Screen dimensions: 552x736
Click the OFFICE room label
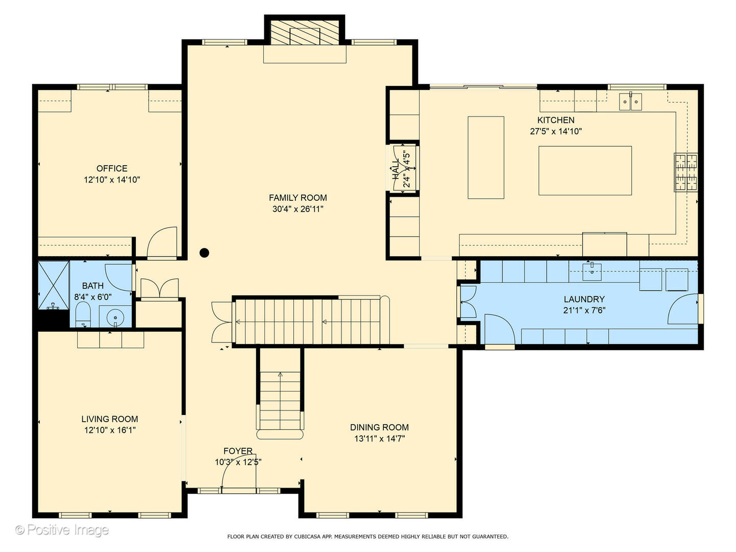112,169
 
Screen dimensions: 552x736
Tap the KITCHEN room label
556,120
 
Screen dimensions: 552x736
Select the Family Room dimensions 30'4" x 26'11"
298,209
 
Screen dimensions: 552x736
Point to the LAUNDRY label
584,299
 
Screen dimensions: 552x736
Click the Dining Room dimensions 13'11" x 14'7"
379,439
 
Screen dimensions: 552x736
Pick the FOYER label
238,451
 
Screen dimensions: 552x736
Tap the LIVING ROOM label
109,419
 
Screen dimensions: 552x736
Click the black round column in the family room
204,252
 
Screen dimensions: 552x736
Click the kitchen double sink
631,101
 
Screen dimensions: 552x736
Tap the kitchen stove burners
686,172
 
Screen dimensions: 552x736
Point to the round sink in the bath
116,318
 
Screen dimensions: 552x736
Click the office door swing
163,243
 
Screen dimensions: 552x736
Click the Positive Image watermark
62,530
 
